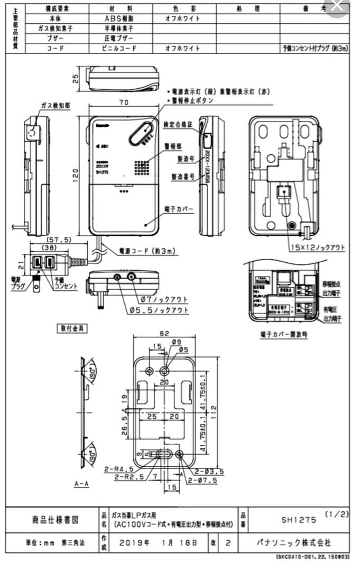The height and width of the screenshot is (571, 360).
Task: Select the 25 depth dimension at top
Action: (76, 78)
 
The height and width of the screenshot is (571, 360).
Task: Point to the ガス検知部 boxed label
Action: (54, 106)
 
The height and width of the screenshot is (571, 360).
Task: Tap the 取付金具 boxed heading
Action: (72, 328)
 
